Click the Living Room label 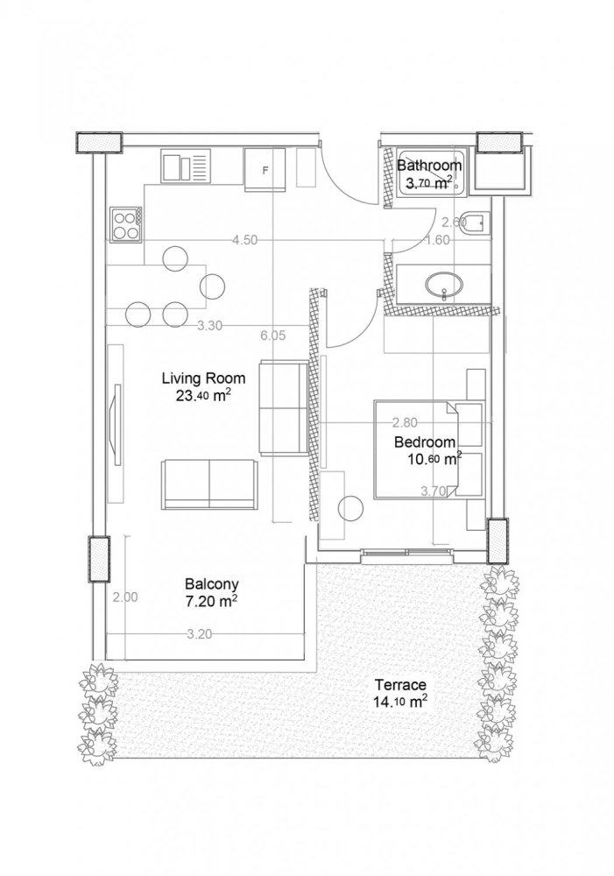(x=202, y=378)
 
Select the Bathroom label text (x=428, y=166)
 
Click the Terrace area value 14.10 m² (x=400, y=701)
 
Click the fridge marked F (x=265, y=168)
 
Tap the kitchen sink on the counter (x=186, y=166)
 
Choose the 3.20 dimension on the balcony (x=199, y=636)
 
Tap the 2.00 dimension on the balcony (x=125, y=598)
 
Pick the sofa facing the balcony (x=208, y=484)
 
